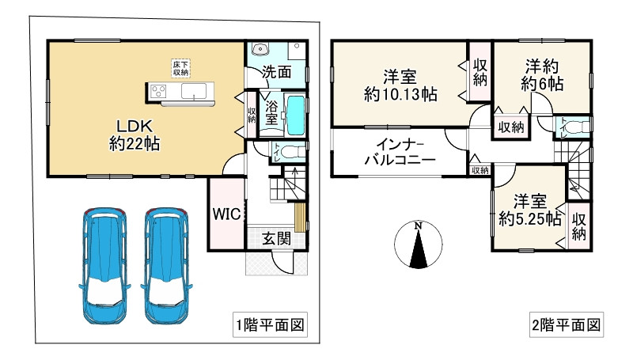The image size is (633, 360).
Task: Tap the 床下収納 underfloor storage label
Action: [x=181, y=68]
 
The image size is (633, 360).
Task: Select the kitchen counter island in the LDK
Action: [x=180, y=92]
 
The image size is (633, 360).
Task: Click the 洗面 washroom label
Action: [x=275, y=71]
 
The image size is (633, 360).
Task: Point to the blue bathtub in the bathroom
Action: [x=295, y=116]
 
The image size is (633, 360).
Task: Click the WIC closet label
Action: [x=224, y=214]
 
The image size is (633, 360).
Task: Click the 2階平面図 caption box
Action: [x=566, y=324]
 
